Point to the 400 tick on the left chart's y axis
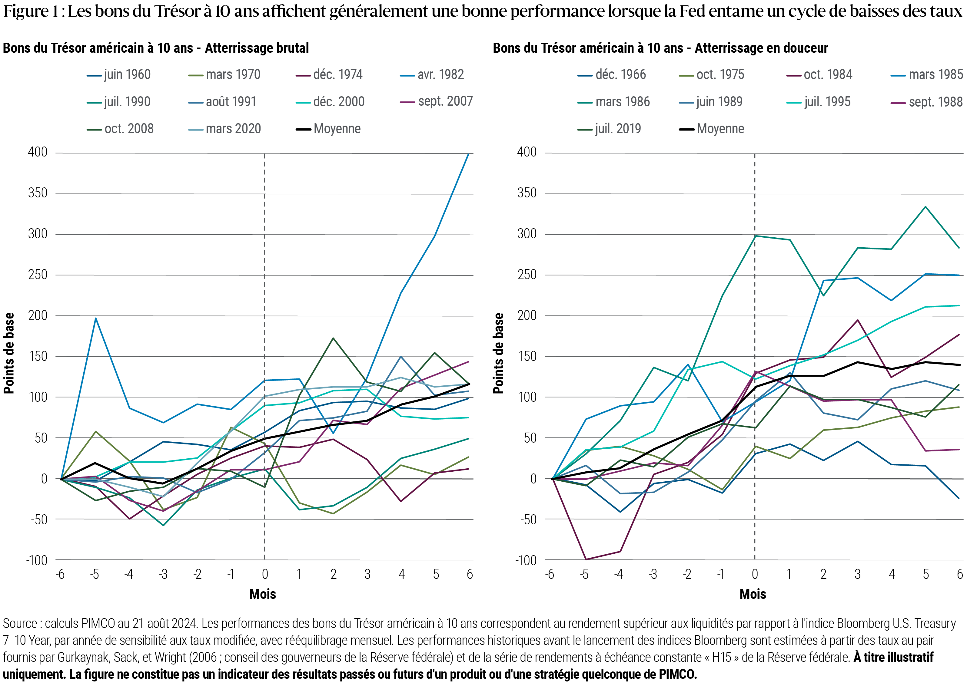pyautogui.click(x=37, y=153)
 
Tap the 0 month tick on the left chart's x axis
pyautogui.click(x=264, y=575)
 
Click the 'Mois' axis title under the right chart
pyautogui.click(x=753, y=594)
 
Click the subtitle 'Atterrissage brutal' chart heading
pyautogui.click(x=257, y=48)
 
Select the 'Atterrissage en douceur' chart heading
pyautogui.click(x=761, y=48)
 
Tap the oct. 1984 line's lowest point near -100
pyautogui.click(x=585, y=559)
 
